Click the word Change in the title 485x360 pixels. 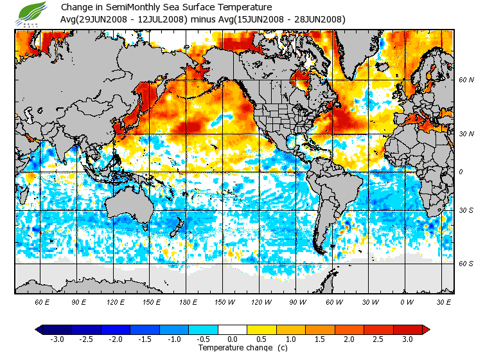tap(76, 7)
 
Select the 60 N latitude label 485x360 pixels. tap(466, 80)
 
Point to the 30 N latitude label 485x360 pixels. tap(466, 134)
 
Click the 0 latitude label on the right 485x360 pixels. tap(460, 172)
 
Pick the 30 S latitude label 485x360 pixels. tap(466, 210)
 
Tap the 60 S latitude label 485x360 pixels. tap(466, 264)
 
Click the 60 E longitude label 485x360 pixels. tap(42, 301)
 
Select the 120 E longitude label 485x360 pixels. tap(116, 301)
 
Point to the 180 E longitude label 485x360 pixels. tap(189, 301)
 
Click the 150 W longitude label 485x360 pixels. tap(225, 301)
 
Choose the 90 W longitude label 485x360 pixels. tap(297, 301)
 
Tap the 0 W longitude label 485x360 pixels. tap(407, 301)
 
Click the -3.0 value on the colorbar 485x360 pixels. tap(57, 339)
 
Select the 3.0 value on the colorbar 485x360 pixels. tap(407, 339)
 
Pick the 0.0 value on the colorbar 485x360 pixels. tap(233, 339)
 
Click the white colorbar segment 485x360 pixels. tap(232, 330)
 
